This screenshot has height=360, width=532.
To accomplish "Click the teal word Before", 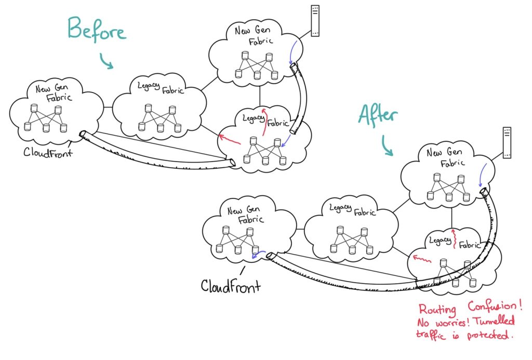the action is click(97, 30).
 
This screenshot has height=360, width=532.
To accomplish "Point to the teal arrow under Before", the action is click(106, 61).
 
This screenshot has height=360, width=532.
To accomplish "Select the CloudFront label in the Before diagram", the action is click(48, 152).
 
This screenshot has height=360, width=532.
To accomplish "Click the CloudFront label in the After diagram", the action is click(231, 286).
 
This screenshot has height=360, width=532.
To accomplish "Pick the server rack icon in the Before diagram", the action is click(315, 20).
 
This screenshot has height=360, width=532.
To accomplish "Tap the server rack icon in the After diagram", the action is click(507, 142).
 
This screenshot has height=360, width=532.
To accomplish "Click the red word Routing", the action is click(437, 309).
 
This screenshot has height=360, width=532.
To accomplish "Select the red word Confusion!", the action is click(495, 306).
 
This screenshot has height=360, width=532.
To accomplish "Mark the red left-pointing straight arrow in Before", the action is click(230, 139).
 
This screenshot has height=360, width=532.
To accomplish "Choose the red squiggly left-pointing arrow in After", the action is click(422, 259).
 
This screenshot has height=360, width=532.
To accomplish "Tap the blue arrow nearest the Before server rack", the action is click(294, 52).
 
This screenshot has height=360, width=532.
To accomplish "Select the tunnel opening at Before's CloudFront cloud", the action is click(83, 134).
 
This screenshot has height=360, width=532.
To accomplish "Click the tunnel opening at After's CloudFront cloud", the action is click(270, 256).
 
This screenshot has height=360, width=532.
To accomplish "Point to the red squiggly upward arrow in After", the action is click(454, 238).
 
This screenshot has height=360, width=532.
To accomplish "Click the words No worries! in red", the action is click(443, 322).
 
